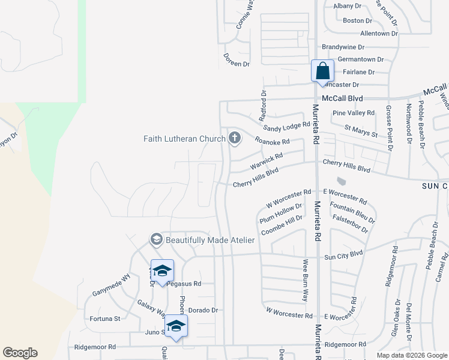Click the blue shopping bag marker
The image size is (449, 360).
click(x=322, y=71)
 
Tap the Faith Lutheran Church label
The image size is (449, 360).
click(x=184, y=139)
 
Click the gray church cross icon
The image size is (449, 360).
click(x=234, y=139)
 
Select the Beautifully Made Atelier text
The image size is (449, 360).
click(x=210, y=240)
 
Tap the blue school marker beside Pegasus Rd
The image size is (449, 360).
click(x=162, y=271)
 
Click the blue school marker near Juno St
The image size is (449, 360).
click(x=176, y=326)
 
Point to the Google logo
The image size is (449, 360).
click(x=20, y=353)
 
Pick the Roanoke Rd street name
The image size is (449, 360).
click(x=272, y=142)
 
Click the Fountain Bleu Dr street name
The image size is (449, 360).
click(x=352, y=213)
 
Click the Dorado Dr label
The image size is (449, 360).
click(x=202, y=310)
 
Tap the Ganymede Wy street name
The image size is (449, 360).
click(x=111, y=286)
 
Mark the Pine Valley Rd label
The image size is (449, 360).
click(x=354, y=112)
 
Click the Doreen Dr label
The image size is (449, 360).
click(x=236, y=63)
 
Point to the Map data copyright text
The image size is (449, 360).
click(x=412, y=355)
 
